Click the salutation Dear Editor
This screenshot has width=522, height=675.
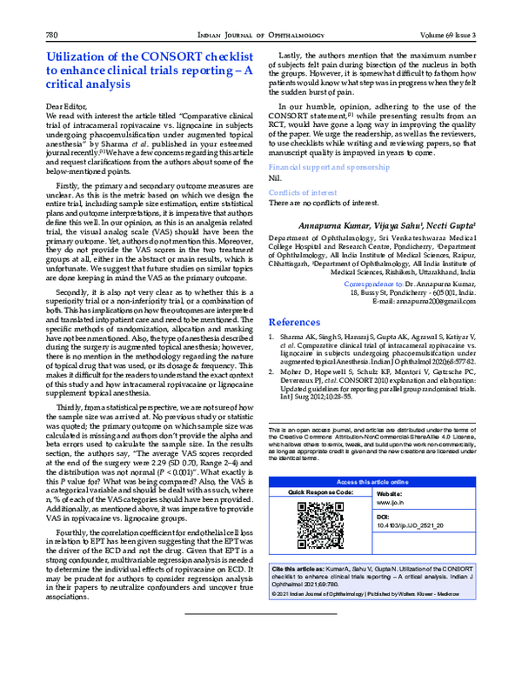pos(66,105)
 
